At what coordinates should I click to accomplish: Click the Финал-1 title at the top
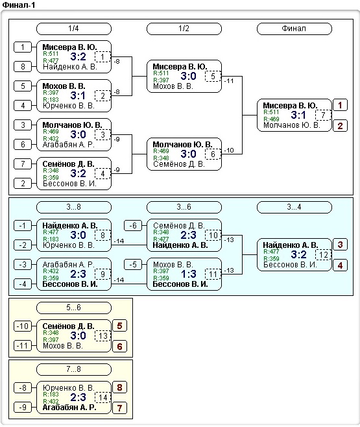[19, 5]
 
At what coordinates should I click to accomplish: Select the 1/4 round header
[74, 29]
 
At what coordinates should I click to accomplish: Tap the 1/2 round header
[184, 29]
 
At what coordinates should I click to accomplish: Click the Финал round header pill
[294, 29]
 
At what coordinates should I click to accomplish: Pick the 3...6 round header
[184, 207]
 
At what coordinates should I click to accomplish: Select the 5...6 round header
[74, 308]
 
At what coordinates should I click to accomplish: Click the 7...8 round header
[74, 369]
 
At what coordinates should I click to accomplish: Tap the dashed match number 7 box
[323, 116]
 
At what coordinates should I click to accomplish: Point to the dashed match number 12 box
[323, 255]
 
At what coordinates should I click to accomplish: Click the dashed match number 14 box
[103, 398]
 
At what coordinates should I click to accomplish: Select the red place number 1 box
[340, 105]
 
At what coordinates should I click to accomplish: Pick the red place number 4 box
[340, 265]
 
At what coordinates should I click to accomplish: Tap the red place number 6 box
[119, 347]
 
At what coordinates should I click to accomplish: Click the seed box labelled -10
[23, 326]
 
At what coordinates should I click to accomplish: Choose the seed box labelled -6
[133, 225]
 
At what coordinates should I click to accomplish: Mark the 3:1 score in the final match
[298, 116]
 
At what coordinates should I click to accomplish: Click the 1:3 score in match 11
[188, 274]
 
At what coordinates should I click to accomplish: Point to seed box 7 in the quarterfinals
[23, 164]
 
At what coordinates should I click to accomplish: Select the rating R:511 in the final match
[271, 112]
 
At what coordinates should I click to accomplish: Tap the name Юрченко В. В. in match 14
[68, 388]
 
